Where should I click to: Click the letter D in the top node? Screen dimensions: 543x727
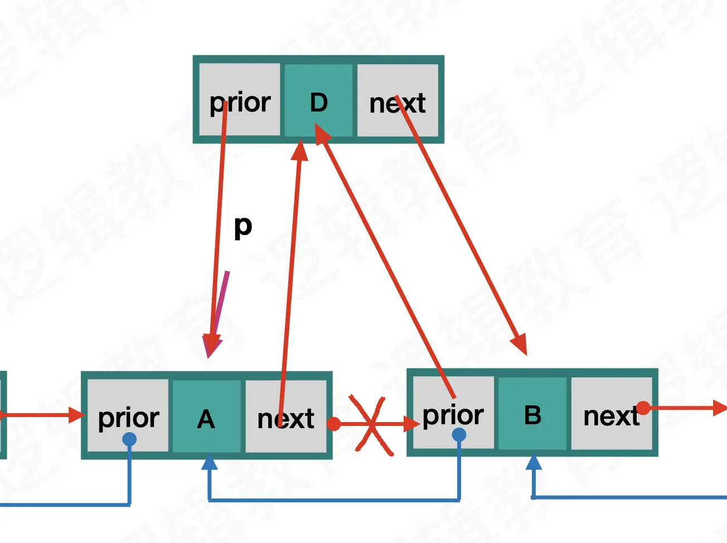click(x=318, y=103)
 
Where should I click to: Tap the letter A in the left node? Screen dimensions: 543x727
click(x=206, y=419)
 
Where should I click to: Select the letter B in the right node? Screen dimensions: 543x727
click(x=532, y=415)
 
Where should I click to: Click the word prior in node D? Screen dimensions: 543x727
click(x=240, y=103)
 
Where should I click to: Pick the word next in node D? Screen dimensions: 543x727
click(x=397, y=104)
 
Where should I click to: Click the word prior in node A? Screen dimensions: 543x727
click(x=128, y=418)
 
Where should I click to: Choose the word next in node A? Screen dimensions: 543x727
click(x=285, y=419)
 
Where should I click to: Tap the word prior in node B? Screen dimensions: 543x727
click(x=453, y=415)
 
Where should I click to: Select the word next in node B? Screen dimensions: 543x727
click(x=610, y=416)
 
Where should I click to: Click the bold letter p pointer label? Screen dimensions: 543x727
click(x=243, y=226)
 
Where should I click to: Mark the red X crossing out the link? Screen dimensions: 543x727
click(x=371, y=425)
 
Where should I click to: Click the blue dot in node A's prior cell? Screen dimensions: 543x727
click(x=129, y=439)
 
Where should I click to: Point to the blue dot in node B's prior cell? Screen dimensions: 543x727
click(x=459, y=435)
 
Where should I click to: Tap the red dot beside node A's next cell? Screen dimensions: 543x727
click(x=334, y=424)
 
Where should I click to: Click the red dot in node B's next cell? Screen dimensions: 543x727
click(x=643, y=408)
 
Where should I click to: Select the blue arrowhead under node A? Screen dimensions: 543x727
click(x=209, y=463)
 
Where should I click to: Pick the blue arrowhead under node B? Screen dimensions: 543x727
click(x=534, y=463)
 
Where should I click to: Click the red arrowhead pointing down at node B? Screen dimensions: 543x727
click(x=520, y=344)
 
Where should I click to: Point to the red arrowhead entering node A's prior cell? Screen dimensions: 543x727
click(x=76, y=415)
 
